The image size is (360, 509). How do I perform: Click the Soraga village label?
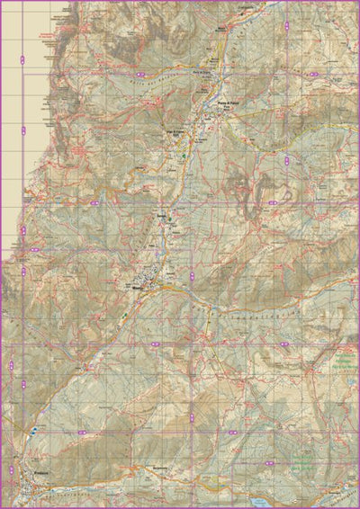click(162, 218)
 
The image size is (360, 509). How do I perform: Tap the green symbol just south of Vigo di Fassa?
click(185, 156)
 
